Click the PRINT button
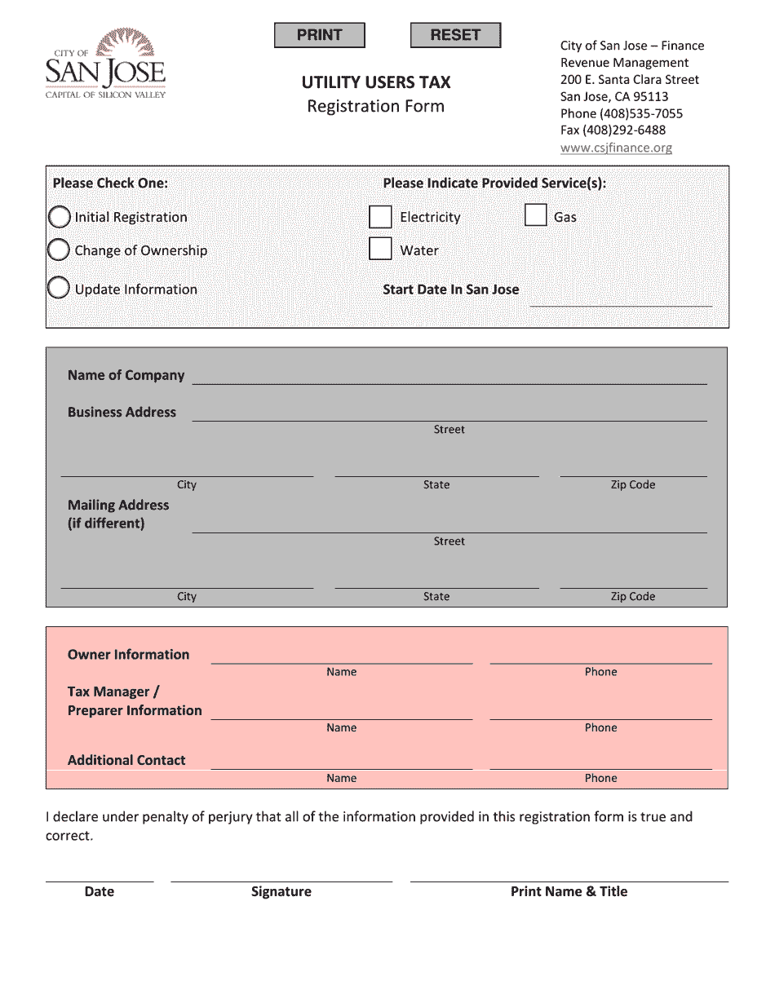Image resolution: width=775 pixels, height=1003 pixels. [319, 35]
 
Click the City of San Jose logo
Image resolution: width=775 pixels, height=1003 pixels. [105, 64]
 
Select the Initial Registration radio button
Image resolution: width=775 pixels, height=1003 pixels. [59, 217]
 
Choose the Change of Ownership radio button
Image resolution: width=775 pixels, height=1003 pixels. [59, 250]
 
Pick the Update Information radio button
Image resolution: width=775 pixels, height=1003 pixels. [59, 289]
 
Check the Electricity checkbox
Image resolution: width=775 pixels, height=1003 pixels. [380, 217]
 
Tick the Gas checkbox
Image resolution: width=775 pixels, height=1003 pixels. [535, 215]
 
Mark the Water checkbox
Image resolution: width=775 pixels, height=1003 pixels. [380, 249]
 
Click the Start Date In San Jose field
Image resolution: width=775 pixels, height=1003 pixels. [621, 297]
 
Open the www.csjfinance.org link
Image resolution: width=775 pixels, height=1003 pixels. [616, 148]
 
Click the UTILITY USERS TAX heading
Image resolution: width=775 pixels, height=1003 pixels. [376, 82]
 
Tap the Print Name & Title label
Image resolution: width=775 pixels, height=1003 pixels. [569, 891]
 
